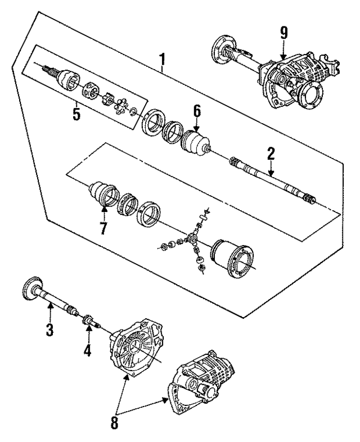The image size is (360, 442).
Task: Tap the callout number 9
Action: pos(283,32)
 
